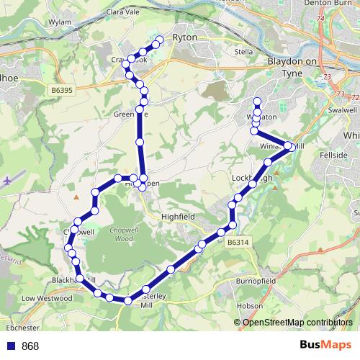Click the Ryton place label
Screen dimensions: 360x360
[x=185, y=37]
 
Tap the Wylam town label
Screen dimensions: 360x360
[x=60, y=22]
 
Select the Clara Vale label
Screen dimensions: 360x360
[x=121, y=12]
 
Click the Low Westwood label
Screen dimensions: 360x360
[x=48, y=297]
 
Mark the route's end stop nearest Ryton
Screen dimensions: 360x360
[x=160, y=40]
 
